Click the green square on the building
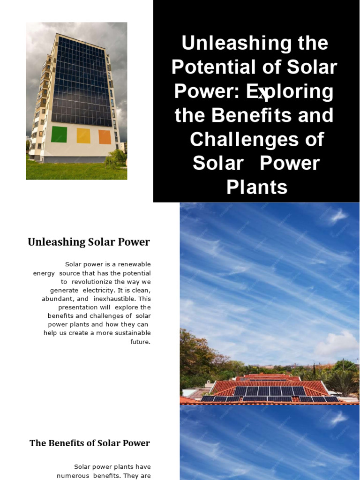(x=59, y=134)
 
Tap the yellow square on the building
(x=83, y=135)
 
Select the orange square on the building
(x=105, y=137)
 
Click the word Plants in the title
(x=257, y=187)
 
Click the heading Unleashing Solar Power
(x=89, y=242)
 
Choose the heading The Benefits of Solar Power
(x=90, y=443)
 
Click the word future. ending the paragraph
(x=141, y=341)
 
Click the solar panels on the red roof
(x=270, y=391)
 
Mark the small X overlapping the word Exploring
(x=262, y=94)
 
